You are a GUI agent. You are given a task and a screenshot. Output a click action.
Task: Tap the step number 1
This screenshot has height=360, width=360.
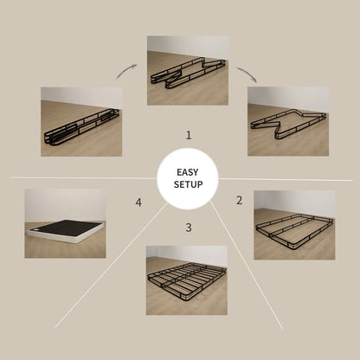click(188, 135)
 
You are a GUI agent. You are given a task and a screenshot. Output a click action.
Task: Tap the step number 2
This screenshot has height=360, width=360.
click(239, 201)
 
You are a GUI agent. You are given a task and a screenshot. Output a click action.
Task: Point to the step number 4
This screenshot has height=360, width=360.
click(138, 202)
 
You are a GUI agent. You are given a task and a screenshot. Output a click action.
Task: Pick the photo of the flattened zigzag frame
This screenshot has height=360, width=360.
click(288, 121)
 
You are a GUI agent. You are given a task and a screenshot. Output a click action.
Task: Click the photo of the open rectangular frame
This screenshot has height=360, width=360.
click(294, 224)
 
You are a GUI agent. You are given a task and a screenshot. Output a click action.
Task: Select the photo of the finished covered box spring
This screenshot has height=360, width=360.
click(65, 223)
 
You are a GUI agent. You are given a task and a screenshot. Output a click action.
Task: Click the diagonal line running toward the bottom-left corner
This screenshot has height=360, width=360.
click(104, 281)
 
